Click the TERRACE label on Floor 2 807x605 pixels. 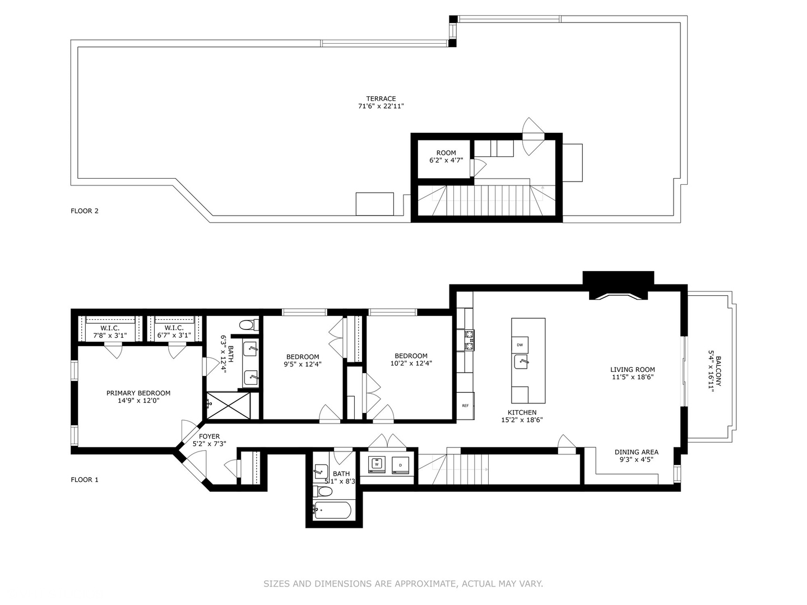(x=381, y=99)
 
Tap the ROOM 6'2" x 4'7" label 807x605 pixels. (x=446, y=156)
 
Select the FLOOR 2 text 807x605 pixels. (x=85, y=211)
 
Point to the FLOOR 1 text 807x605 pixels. (x=85, y=480)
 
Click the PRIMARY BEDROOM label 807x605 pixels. (x=138, y=393)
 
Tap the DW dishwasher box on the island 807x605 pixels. (x=520, y=345)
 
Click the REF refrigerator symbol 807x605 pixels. (x=466, y=406)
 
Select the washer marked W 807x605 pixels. (x=377, y=464)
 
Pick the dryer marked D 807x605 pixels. (x=400, y=465)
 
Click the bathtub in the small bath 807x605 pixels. (x=332, y=510)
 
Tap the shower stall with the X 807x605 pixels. (x=228, y=405)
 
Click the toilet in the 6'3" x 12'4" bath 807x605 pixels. (x=249, y=325)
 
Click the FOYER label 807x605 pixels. (x=209, y=436)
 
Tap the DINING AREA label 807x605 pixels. (x=637, y=452)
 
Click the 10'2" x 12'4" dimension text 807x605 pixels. (x=411, y=364)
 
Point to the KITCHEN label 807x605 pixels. (x=522, y=412)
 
